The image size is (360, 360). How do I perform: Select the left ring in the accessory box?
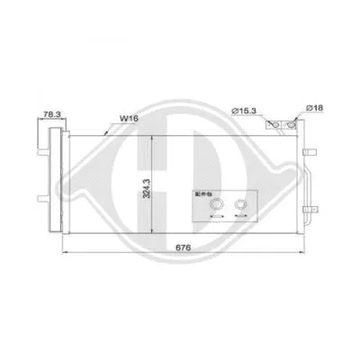pos(216,203)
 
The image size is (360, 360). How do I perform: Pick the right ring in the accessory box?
pos(240,203)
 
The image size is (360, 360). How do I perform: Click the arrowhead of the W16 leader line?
pos(108,133)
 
